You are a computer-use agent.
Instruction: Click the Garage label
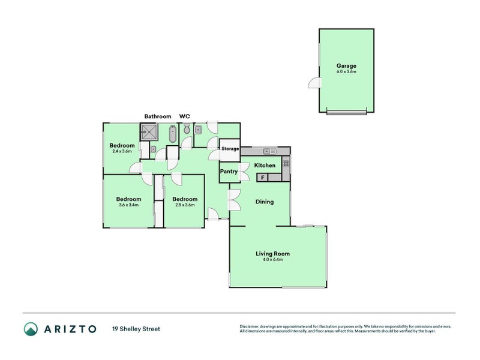(346, 66)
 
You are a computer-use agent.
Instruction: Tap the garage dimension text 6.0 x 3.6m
(346, 72)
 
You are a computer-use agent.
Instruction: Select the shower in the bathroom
(148, 132)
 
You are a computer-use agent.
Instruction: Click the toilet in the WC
(187, 129)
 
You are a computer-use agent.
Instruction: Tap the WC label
(185, 116)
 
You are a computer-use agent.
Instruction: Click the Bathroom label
(157, 116)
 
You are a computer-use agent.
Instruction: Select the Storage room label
(230, 149)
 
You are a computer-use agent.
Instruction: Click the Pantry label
(229, 172)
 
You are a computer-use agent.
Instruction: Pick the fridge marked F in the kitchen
(262, 178)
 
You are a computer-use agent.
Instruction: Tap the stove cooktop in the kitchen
(286, 163)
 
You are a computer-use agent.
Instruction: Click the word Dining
(265, 202)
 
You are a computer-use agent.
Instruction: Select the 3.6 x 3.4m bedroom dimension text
(128, 205)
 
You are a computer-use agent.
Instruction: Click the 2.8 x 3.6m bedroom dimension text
(184, 205)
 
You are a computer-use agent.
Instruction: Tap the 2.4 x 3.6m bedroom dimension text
(122, 151)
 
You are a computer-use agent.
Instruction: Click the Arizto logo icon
(31, 329)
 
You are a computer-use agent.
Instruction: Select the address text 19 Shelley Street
(136, 329)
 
